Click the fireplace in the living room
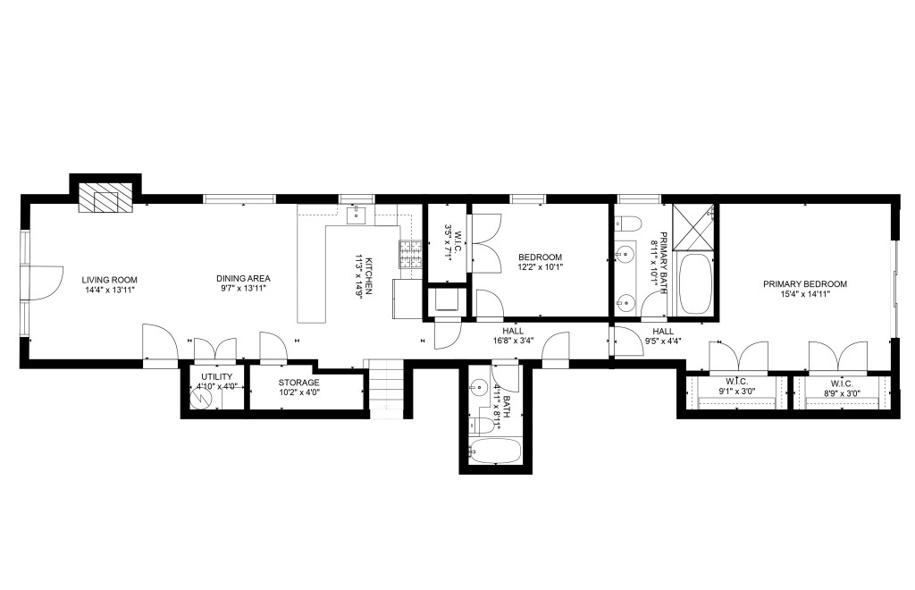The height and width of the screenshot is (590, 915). pyautogui.click(x=105, y=198)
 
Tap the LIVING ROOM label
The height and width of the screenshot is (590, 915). pyautogui.click(x=110, y=280)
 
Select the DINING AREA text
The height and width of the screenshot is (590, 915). pyautogui.click(x=243, y=279)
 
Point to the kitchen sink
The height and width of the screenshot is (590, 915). pyautogui.click(x=356, y=215)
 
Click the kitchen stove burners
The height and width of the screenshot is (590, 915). pyautogui.click(x=411, y=255)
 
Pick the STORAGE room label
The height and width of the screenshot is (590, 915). pyautogui.click(x=298, y=383)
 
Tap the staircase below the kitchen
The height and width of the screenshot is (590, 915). pyautogui.click(x=384, y=389)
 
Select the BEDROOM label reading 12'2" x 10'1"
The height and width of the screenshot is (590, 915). pyautogui.click(x=540, y=257)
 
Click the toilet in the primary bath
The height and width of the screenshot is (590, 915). pyautogui.click(x=627, y=223)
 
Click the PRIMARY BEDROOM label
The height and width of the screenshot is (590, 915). pyautogui.click(x=805, y=284)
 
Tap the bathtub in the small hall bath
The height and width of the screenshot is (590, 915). pyautogui.click(x=495, y=451)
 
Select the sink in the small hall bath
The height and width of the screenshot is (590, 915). pyautogui.click(x=479, y=386)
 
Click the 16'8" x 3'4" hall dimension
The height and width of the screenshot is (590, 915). pyautogui.click(x=512, y=341)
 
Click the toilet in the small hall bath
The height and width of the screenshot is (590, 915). pyautogui.click(x=482, y=425)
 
